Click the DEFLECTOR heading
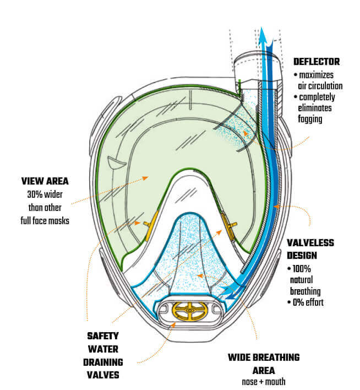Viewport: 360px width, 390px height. point(317,62)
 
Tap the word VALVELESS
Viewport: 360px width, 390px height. point(310,242)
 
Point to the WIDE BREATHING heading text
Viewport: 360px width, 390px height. point(264,357)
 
